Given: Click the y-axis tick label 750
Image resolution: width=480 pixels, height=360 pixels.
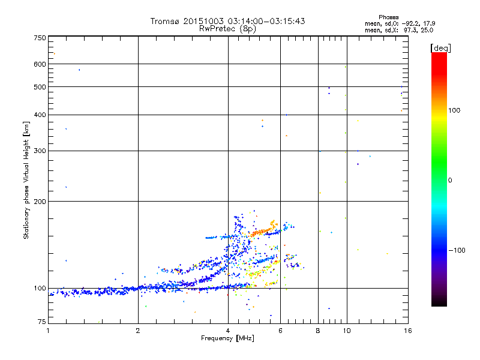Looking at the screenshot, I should (40, 38).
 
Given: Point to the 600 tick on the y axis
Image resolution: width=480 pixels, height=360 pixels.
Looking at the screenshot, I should (40, 64).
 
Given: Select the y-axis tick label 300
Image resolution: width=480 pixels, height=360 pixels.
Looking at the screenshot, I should (40, 151).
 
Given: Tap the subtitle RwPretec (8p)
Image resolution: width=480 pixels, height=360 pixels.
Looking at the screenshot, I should (227, 28).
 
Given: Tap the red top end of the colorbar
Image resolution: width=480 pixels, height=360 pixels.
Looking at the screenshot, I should (439, 55).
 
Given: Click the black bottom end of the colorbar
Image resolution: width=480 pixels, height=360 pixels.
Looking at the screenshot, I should (439, 304).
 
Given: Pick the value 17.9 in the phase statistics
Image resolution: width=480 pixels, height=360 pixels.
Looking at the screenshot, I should (428, 23).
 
